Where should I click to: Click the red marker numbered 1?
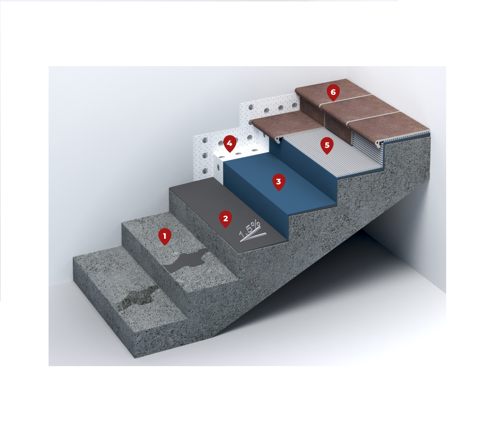tap(165, 237)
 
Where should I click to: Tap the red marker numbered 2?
tap(225, 219)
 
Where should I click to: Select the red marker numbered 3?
tap(279, 182)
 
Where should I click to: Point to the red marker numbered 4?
tap(230, 143)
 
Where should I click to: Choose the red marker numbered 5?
tap(327, 145)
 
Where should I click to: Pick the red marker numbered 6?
tap(333, 93)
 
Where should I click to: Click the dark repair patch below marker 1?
tap(186, 261)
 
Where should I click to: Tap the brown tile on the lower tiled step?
tap(285, 124)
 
